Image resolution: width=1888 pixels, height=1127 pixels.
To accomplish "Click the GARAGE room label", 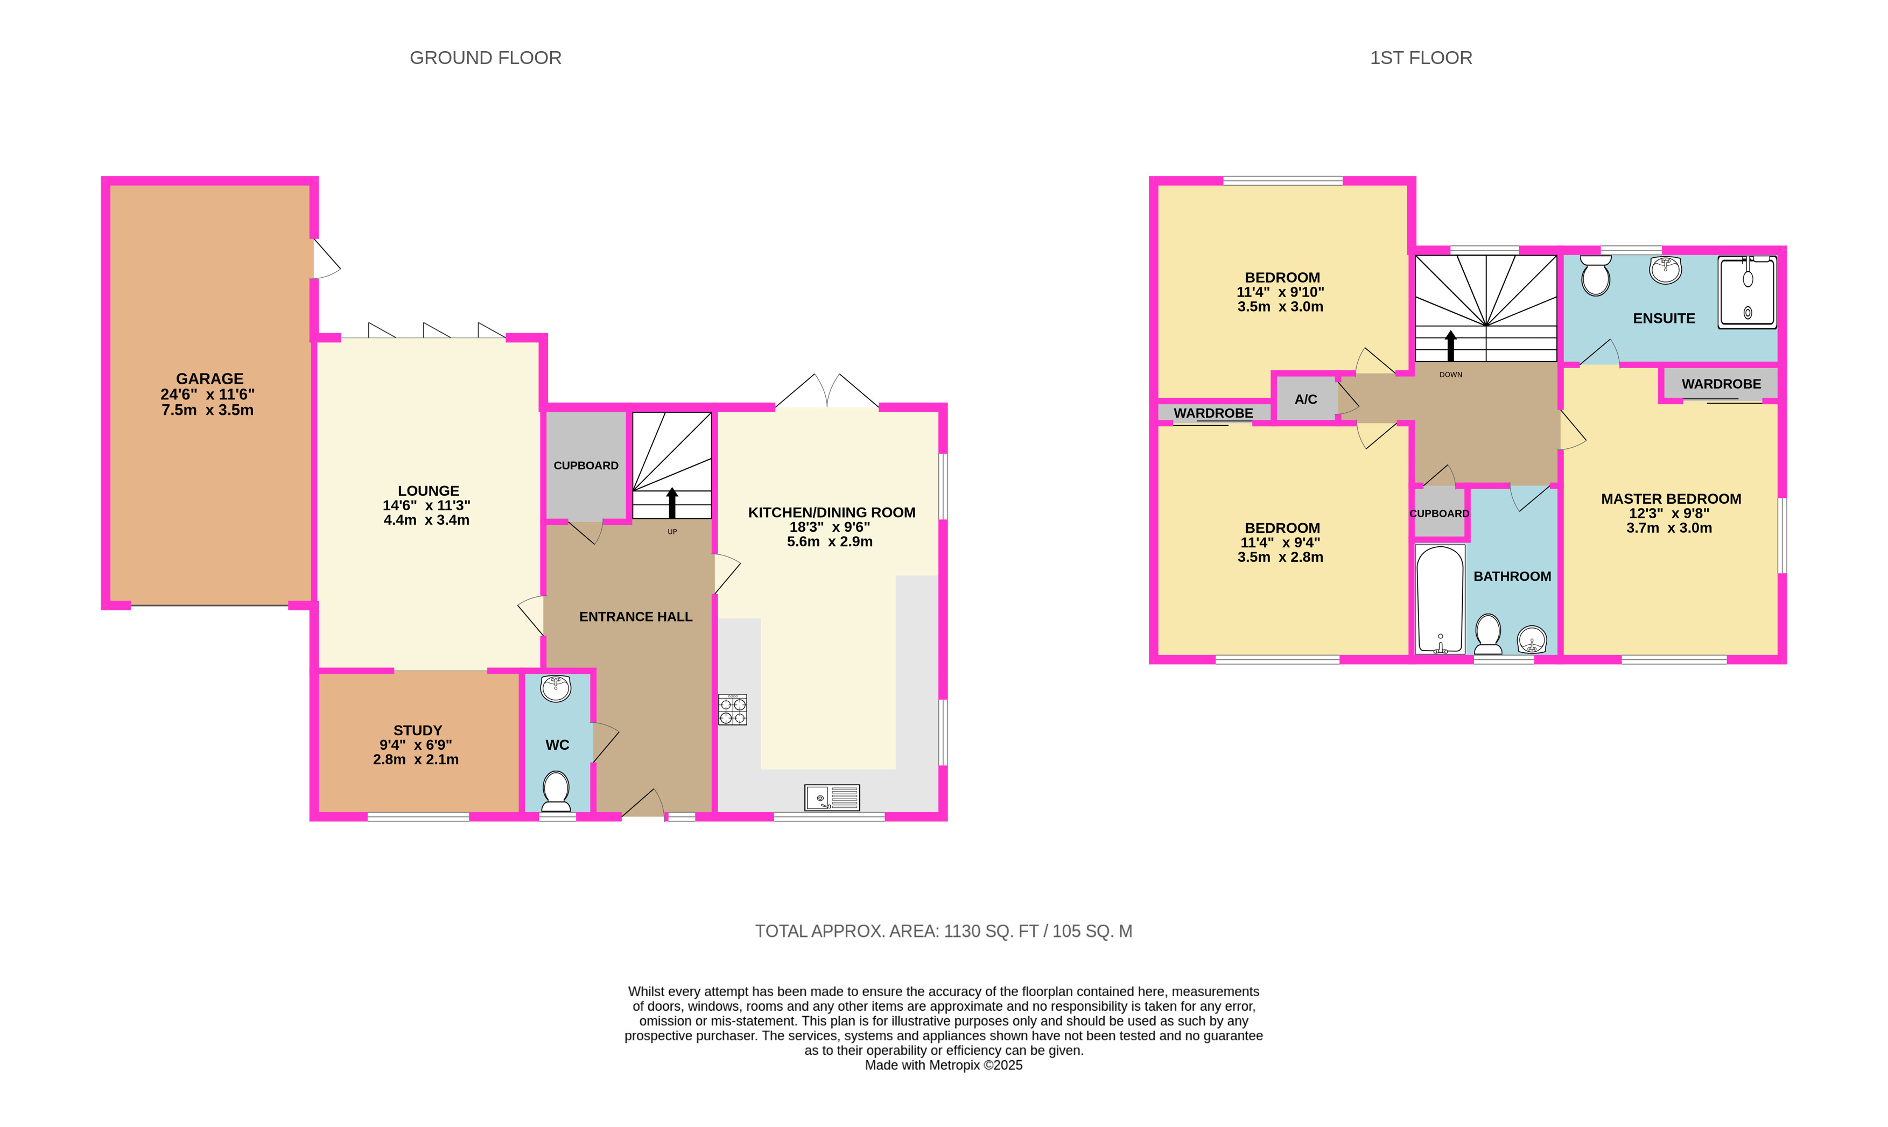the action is [x=209, y=378].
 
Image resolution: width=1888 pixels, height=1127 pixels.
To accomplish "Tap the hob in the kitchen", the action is [x=733, y=710].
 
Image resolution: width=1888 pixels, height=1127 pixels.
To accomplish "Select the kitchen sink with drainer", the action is [x=832, y=798].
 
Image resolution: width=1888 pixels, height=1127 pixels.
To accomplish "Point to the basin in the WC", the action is [x=556, y=688].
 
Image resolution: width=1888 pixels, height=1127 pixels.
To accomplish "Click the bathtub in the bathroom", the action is [x=1440, y=599].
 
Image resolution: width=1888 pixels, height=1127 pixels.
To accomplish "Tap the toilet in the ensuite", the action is [x=1596, y=276].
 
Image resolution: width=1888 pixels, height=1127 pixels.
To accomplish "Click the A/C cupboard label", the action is [x=1306, y=399].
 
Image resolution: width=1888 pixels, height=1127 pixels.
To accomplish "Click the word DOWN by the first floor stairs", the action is [x=1450, y=375].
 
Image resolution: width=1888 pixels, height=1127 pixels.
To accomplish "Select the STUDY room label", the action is [x=418, y=730].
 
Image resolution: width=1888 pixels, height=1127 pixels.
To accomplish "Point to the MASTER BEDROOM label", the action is [x=1671, y=499].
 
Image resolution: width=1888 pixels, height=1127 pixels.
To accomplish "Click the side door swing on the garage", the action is [x=327, y=259].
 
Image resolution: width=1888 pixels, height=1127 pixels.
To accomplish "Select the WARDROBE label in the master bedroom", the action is [x=1721, y=384].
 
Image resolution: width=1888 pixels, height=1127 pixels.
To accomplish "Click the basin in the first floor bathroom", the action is [x=1532, y=639].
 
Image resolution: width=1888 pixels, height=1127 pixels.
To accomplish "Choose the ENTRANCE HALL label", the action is [x=636, y=617].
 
